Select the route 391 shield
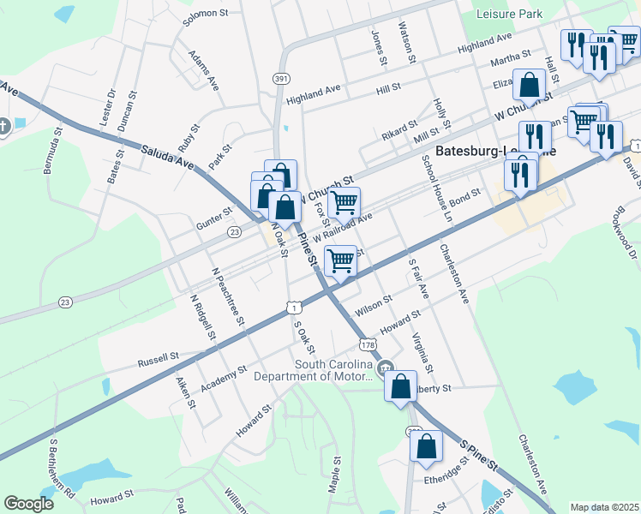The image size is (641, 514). click(x=281, y=78)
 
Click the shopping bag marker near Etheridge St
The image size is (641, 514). click(x=426, y=445)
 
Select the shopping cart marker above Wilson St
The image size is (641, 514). click(x=341, y=260)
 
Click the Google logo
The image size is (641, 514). click(x=28, y=504)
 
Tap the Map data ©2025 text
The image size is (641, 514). click(x=605, y=507)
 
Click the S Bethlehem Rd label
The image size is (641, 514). click(x=61, y=469)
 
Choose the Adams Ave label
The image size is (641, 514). click(x=204, y=70)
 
